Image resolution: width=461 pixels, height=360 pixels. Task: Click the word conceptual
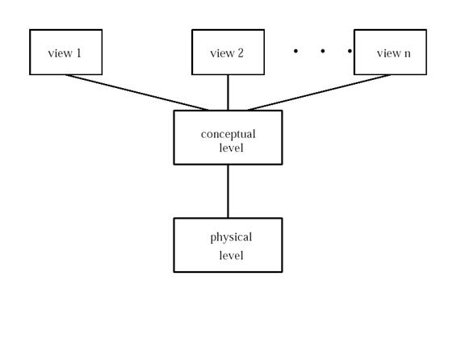(228, 135)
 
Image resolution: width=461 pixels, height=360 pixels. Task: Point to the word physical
(231, 238)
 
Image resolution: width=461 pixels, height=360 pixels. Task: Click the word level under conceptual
(232, 148)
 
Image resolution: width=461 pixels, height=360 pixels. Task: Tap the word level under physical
(232, 255)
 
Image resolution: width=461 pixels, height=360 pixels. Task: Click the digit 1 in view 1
(78, 53)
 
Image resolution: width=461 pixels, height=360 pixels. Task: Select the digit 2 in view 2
(241, 53)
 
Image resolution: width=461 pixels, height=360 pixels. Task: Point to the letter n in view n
(407, 54)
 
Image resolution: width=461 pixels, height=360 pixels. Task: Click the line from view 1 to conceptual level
(137, 93)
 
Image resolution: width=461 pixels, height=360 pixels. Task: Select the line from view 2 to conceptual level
(228, 93)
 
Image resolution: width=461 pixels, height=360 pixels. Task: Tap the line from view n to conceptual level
(319, 93)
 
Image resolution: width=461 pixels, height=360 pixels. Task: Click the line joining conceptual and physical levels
(228, 191)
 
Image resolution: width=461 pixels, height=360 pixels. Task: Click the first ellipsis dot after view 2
(295, 51)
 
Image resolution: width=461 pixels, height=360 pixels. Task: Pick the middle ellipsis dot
(322, 51)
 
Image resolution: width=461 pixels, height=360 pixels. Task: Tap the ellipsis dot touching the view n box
(350, 51)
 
